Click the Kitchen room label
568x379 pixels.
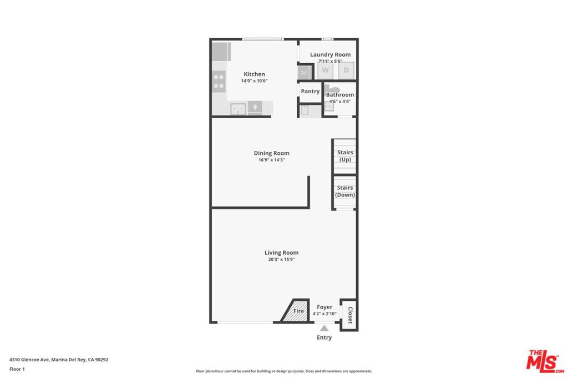254,74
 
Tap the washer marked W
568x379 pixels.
325,70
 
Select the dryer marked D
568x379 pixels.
346,70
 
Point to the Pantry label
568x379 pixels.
310,92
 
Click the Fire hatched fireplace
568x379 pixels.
295,311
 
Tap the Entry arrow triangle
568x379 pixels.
324,328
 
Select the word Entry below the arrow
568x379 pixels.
324,337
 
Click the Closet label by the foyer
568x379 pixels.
350,315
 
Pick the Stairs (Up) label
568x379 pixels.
345,156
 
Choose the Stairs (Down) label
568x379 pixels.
345,191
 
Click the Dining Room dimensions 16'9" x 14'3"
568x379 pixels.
271,160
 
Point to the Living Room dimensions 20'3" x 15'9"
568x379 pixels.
281,260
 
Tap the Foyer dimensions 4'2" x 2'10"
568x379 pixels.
324,314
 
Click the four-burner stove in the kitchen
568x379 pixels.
219,82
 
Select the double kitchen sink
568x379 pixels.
238,109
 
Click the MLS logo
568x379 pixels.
545,361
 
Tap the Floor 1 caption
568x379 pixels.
17,369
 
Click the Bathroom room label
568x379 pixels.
340,95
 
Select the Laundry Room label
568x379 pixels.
330,55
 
